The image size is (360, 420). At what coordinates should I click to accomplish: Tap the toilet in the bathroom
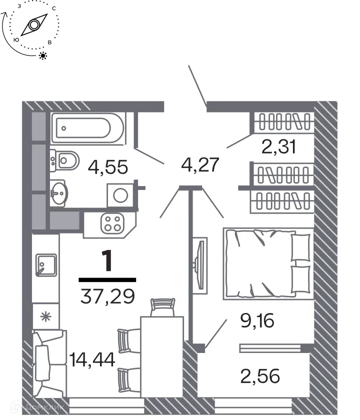tap(65, 160)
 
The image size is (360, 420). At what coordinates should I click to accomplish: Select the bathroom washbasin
tap(59, 192)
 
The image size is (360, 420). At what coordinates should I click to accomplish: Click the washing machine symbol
tap(120, 195)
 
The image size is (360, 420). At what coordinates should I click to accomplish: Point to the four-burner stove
tap(112, 223)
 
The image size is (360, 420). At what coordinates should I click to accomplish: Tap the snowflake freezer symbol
tap(45, 316)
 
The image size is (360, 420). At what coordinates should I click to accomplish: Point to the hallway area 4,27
tap(200, 164)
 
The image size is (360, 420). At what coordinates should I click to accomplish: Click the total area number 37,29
tap(107, 297)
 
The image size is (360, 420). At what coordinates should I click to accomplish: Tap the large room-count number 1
tap(106, 260)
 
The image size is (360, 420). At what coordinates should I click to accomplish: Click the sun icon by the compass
tap(43, 55)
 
